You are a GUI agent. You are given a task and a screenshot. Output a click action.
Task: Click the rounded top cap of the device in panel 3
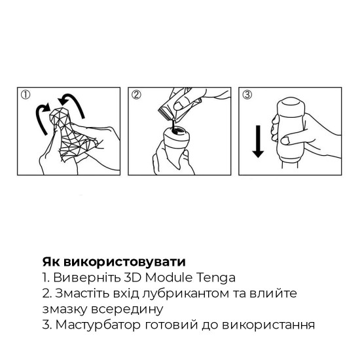point(291,106)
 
